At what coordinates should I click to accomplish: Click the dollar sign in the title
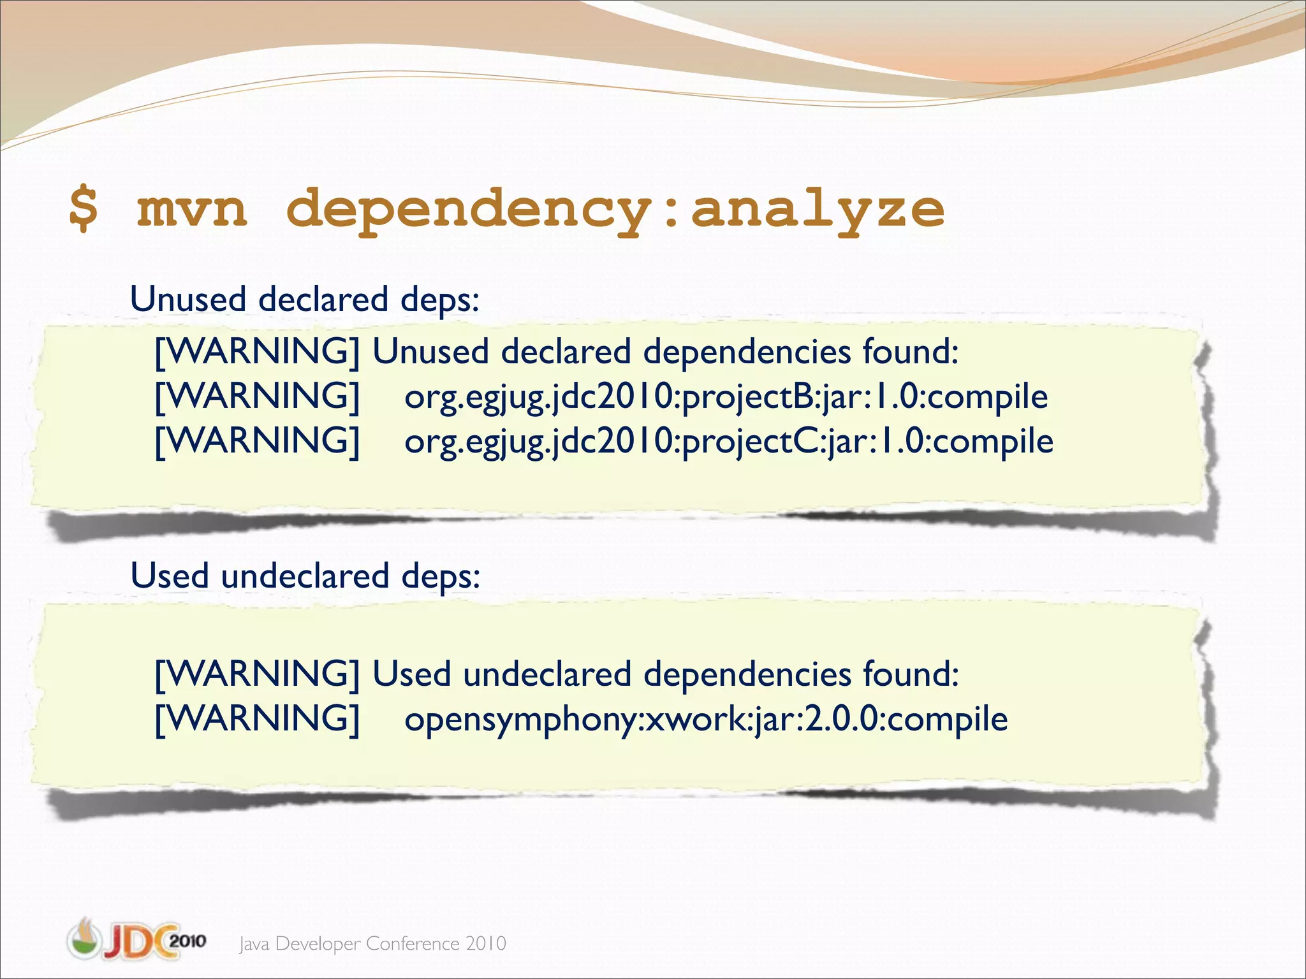click(x=84, y=208)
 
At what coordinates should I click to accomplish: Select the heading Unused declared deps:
click(x=304, y=299)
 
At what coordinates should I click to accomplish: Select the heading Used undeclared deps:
click(x=305, y=576)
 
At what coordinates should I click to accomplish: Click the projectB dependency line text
click(x=726, y=397)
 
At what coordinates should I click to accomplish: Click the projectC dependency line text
click(x=728, y=442)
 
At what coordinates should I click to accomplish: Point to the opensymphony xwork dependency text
click(x=706, y=720)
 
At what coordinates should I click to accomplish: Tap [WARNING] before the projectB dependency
click(x=258, y=396)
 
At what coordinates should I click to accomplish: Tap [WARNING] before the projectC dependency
click(x=258, y=441)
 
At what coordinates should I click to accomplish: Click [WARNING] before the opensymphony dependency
click(x=258, y=719)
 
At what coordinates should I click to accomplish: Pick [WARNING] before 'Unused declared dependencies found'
click(x=258, y=352)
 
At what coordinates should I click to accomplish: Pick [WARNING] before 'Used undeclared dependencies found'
click(x=258, y=674)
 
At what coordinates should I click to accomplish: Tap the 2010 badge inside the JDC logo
click(x=187, y=940)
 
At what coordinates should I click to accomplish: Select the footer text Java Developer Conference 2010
click(x=372, y=943)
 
